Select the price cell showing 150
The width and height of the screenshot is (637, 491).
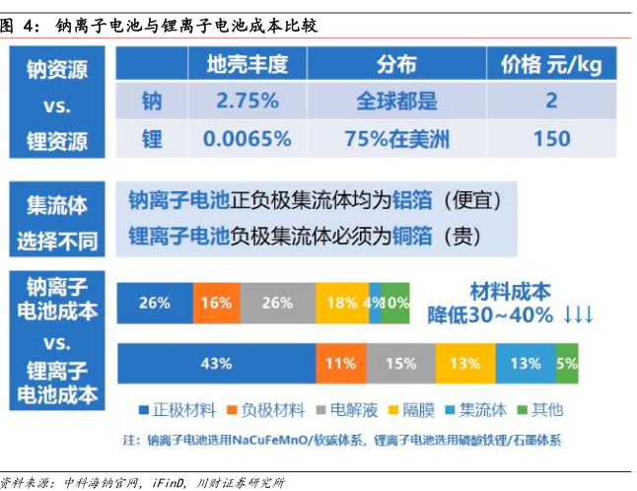(551, 138)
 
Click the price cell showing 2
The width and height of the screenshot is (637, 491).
(551, 102)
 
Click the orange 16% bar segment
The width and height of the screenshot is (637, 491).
(215, 303)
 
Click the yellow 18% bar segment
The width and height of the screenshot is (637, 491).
(341, 303)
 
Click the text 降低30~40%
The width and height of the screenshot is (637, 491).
(491, 316)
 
